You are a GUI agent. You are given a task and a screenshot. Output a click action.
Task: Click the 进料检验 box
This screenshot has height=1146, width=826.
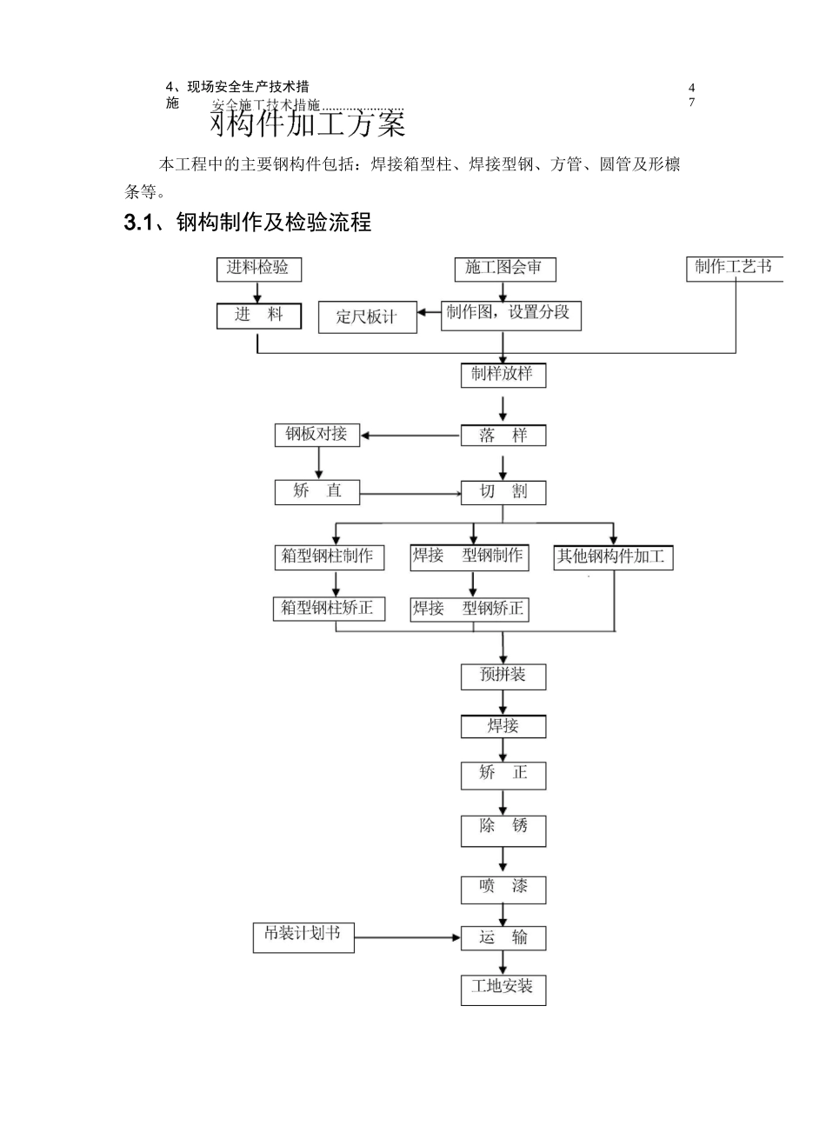[258, 269]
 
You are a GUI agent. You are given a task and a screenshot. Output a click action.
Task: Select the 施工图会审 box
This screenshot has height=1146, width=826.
[504, 269]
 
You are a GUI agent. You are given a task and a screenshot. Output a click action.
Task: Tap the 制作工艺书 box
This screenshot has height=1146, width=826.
[733, 268]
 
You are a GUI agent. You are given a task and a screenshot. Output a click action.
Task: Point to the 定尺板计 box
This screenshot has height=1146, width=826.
[367, 317]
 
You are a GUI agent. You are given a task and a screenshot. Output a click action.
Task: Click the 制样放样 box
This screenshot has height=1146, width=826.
[503, 376]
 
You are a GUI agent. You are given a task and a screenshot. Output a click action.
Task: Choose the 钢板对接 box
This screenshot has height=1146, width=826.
[316, 435]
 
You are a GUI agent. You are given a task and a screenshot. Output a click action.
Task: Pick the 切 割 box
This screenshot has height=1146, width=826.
[503, 492]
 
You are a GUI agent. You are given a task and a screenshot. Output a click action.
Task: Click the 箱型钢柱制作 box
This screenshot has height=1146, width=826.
[329, 557]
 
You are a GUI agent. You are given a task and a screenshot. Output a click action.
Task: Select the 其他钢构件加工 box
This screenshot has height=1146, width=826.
[613, 557]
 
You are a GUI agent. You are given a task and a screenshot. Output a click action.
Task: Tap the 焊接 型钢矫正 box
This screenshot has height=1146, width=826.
[469, 610]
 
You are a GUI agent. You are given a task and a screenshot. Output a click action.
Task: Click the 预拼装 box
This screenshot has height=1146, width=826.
[503, 676]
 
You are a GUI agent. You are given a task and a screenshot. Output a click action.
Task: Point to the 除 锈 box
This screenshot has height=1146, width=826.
[503, 829]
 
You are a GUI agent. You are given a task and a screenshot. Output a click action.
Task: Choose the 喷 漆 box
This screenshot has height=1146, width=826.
[503, 889]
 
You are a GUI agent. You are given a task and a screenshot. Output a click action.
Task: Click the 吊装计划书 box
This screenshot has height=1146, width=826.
[303, 936]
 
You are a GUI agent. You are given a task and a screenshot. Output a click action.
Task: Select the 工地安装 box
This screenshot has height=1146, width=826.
[503, 989]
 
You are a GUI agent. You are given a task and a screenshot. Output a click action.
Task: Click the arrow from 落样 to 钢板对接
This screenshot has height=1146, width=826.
[410, 436]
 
